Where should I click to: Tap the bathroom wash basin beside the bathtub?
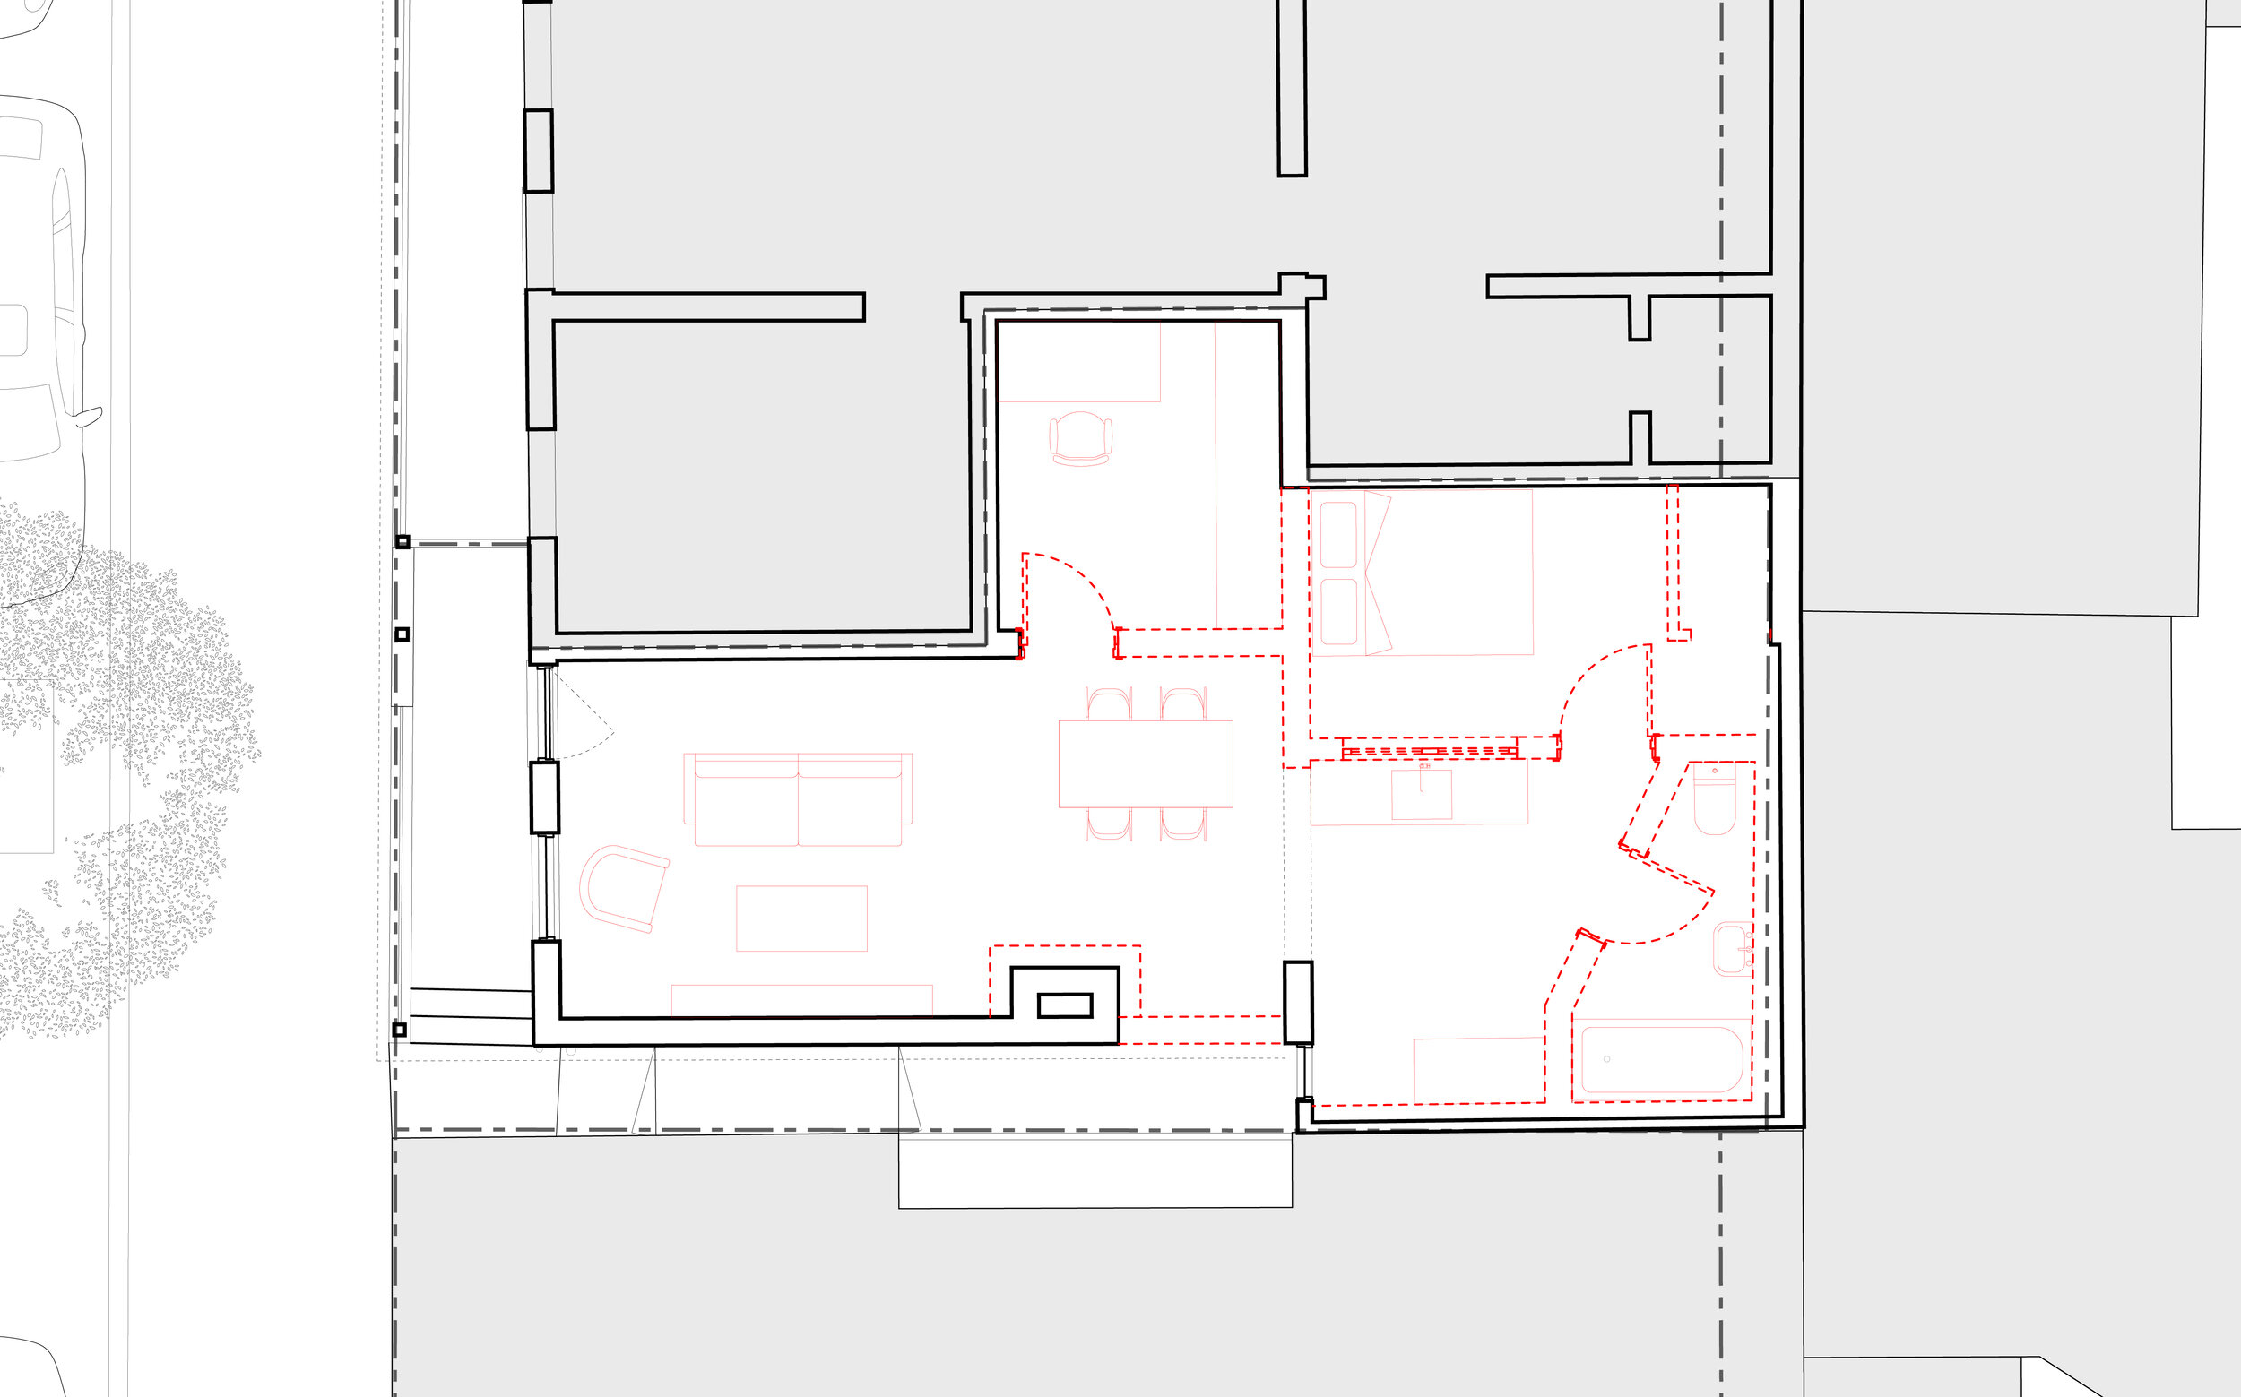tap(1732, 949)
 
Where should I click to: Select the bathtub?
tap(1662, 1060)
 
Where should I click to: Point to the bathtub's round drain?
tap(1607, 1059)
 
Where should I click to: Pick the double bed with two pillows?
tap(1423, 573)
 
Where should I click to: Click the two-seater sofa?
tap(798, 800)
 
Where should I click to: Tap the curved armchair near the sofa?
tap(622, 888)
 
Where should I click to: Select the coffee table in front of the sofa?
tap(801, 918)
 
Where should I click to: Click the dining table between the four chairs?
tap(1146, 763)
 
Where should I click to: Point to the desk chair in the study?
tap(1080, 438)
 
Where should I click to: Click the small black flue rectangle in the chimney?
tap(1065, 1005)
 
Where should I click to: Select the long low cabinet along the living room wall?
tap(801, 1001)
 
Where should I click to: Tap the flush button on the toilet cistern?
tap(1715, 771)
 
